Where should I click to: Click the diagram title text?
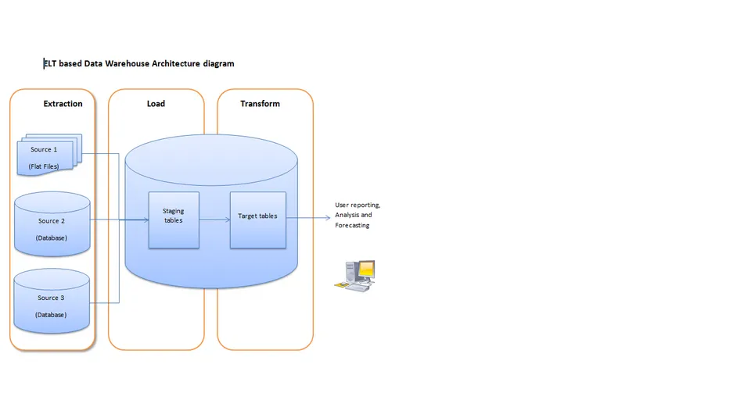(138, 63)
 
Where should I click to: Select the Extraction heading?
(63, 104)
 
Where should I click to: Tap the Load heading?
(156, 104)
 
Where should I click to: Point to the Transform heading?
(260, 104)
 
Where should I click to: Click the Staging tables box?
(174, 220)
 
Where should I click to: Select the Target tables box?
(257, 220)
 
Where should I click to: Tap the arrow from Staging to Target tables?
(214, 220)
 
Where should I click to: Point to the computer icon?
(355, 276)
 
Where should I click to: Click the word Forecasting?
(352, 226)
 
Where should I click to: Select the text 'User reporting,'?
(358, 205)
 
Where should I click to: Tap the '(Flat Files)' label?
(44, 166)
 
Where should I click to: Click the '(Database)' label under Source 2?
(51, 237)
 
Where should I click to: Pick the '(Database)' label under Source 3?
(51, 315)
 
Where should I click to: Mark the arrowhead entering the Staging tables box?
(145, 220)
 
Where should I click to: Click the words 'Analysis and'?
(353, 215)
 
